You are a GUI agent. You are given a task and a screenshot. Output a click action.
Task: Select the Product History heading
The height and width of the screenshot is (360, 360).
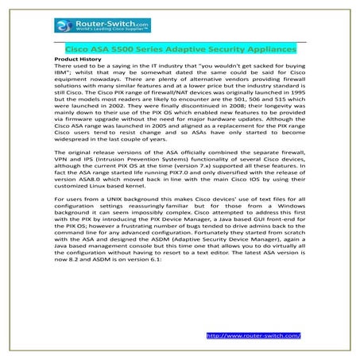point(79,60)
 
